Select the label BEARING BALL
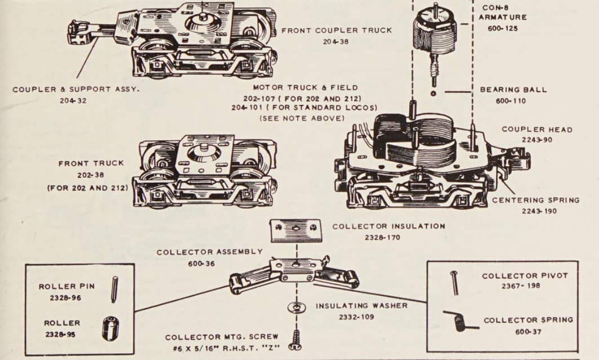[513, 90]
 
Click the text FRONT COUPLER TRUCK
[337, 30]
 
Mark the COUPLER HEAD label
[537, 130]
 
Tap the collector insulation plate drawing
[296, 230]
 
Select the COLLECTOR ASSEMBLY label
[209, 252]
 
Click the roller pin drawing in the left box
[114, 288]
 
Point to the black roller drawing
[110, 328]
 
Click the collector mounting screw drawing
[296, 338]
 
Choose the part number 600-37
[528, 331]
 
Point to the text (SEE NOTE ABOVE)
[301, 118]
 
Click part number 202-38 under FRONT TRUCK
[91, 175]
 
